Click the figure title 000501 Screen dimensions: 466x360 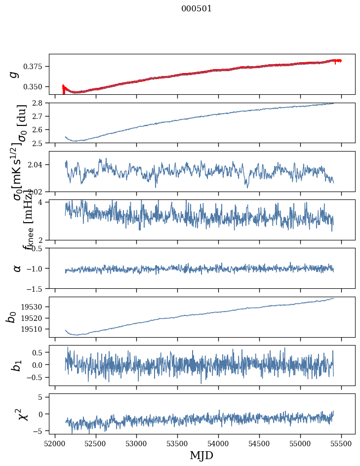tap(197, 9)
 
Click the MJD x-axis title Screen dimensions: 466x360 tap(201, 456)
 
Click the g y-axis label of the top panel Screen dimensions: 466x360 tap(15, 74)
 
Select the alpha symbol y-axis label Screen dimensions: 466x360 tap(17, 268)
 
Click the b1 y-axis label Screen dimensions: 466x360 tap(17, 365)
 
